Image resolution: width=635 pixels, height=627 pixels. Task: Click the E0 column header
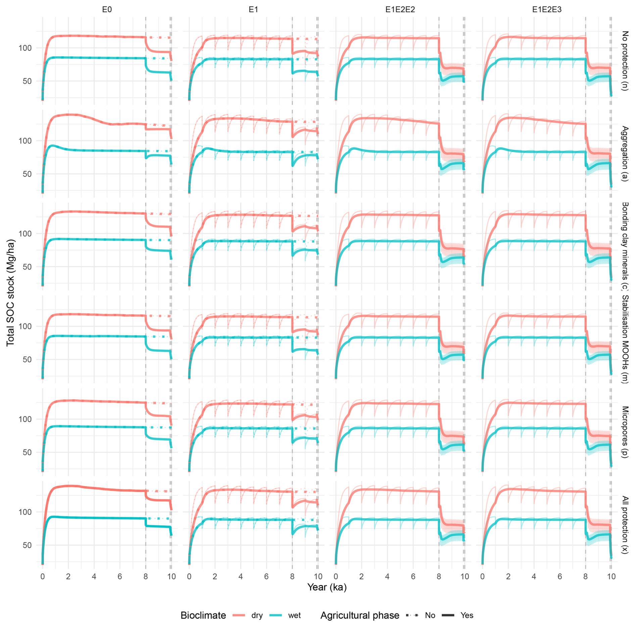click(x=107, y=10)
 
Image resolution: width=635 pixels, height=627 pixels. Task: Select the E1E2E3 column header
click(x=546, y=10)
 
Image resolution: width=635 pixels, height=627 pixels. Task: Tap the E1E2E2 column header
click(x=400, y=10)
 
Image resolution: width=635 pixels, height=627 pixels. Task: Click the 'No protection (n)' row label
click(x=625, y=61)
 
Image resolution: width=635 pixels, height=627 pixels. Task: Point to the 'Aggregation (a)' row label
click(x=625, y=154)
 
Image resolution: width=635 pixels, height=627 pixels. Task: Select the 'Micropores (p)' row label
click(x=625, y=432)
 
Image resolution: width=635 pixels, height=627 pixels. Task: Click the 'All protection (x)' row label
click(x=625, y=525)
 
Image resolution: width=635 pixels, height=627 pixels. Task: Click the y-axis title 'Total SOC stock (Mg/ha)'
click(x=11, y=292)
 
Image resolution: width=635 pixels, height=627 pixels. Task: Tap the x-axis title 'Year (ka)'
click(x=327, y=587)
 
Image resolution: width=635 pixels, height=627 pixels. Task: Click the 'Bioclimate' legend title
click(x=203, y=616)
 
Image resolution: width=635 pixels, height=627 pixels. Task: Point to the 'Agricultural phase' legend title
click(x=359, y=616)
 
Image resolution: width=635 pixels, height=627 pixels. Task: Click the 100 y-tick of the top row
click(x=25, y=48)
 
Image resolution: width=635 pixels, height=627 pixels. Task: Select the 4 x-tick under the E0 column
click(x=94, y=577)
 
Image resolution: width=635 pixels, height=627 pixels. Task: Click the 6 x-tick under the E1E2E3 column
click(x=559, y=577)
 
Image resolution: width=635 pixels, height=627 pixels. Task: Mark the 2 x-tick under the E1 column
click(x=215, y=577)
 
